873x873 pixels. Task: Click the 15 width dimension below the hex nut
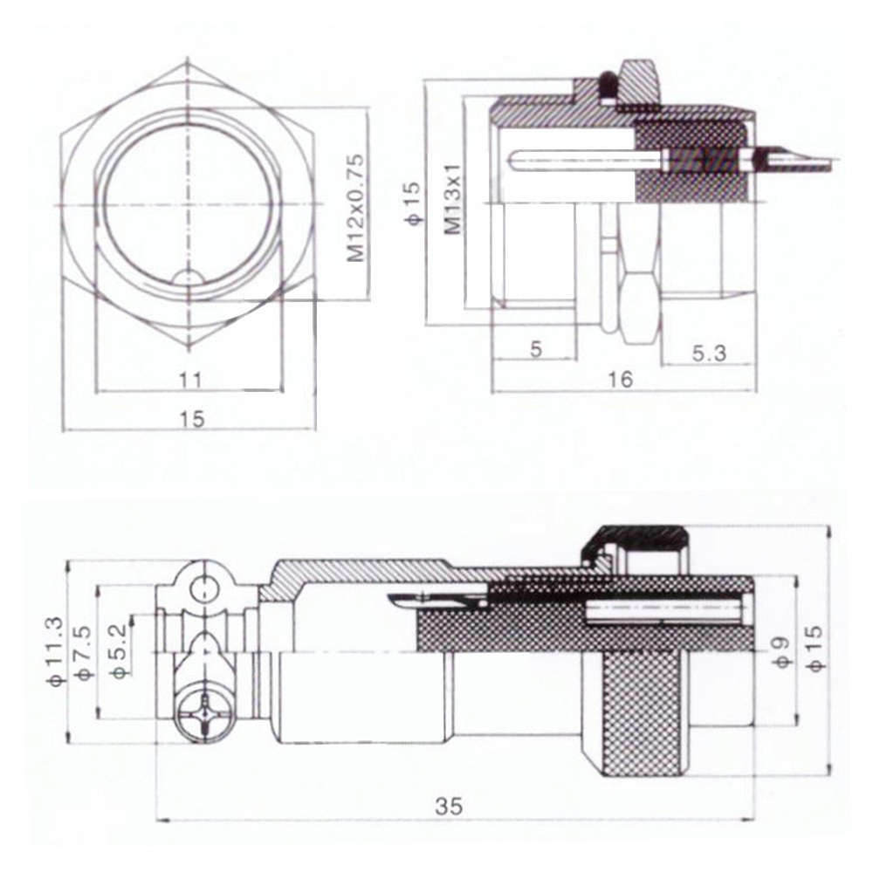[191, 419]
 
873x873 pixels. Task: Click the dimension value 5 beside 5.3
[536, 349]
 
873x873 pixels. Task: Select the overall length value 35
[450, 806]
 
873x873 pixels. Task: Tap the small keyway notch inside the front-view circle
[189, 278]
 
